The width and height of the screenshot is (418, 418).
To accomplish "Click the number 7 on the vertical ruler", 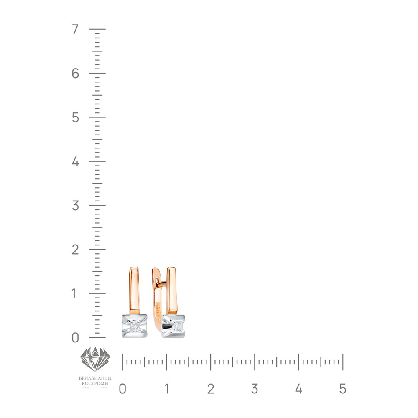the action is [75, 29].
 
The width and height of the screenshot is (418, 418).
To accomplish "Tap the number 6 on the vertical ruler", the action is [75, 73].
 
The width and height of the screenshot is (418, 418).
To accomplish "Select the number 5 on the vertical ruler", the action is [75, 117].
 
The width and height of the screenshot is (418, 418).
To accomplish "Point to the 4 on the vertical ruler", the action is [75, 161].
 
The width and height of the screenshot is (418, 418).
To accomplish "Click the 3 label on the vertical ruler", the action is [75, 206].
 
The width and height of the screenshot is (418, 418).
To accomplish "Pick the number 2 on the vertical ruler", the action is [75, 250].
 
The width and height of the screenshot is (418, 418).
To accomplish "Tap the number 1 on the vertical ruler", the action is [74, 293].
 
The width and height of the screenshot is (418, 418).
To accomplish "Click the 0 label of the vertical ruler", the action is [75, 338].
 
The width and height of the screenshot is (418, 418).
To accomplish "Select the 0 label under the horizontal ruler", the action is [122, 389].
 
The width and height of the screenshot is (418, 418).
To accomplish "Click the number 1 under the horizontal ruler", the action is [167, 389].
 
